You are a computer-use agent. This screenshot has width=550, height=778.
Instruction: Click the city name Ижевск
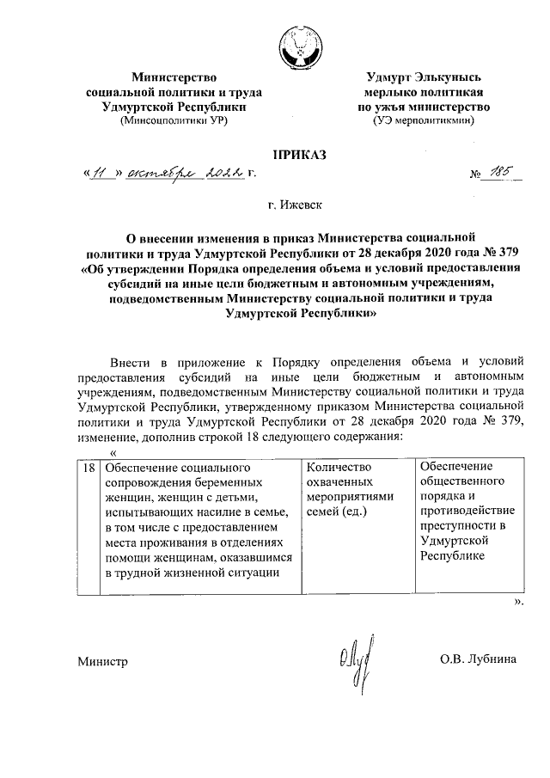coord(292,205)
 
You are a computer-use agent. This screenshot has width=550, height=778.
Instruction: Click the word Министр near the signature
coord(102,662)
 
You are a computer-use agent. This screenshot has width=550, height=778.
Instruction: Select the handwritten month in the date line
coord(160,175)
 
